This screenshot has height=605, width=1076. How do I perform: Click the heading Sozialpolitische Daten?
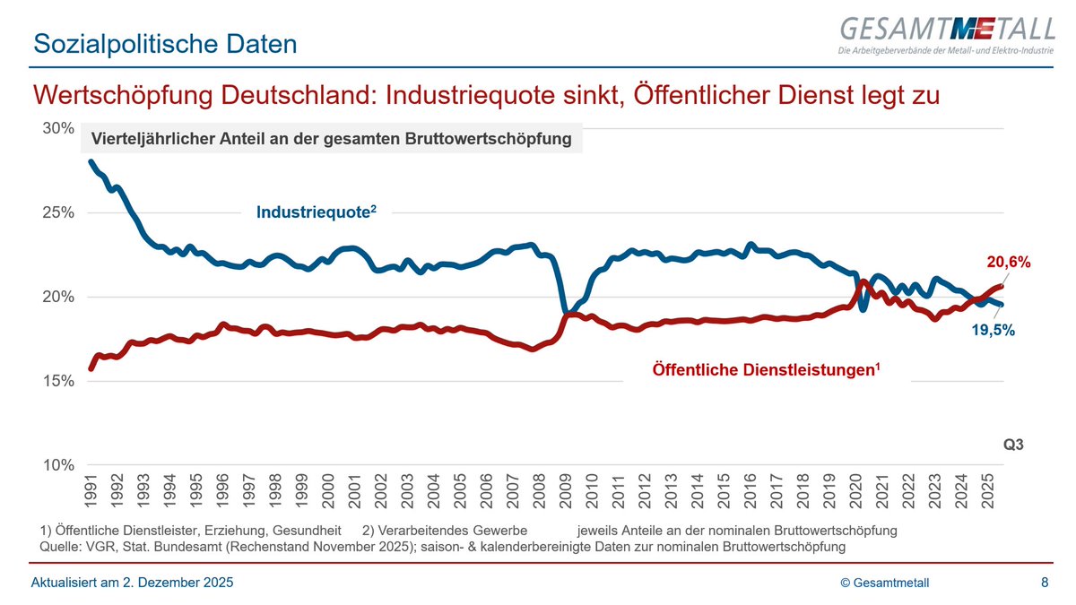tap(164, 42)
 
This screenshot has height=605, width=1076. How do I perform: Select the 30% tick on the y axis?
tap(58, 128)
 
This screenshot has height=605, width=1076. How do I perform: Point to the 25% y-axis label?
tap(58, 212)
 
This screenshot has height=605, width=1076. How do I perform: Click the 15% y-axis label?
tap(58, 381)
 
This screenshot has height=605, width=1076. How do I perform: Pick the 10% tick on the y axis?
tap(58, 465)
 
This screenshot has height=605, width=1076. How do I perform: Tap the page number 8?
tap(1045, 583)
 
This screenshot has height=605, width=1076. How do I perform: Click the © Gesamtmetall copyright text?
tap(885, 583)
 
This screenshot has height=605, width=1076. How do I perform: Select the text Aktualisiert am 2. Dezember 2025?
tap(133, 583)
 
